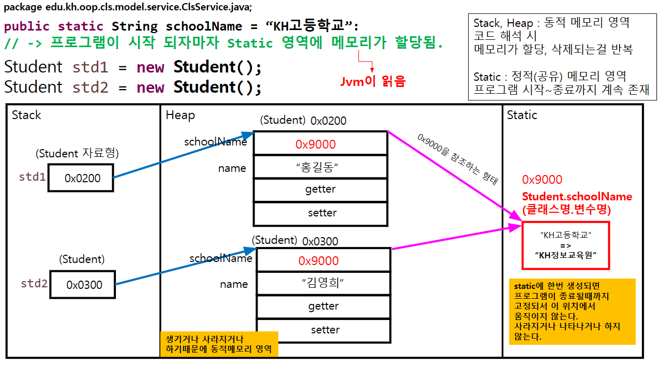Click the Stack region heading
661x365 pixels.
coord(26,115)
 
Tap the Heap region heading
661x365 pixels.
coord(180,115)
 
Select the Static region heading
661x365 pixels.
coord(522,115)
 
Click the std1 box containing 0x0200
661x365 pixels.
coord(81,178)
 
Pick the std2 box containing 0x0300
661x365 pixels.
coord(83,284)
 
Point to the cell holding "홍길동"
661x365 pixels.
coord(320,167)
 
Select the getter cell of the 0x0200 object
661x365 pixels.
coord(320,189)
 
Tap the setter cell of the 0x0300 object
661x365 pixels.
coord(324,330)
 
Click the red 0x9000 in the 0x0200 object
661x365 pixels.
coord(316,144)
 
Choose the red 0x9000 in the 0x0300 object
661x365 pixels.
coord(319,261)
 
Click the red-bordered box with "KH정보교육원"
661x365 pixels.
coord(565,245)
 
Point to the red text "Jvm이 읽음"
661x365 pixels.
coord(372,81)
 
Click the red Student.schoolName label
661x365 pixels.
coord(577,197)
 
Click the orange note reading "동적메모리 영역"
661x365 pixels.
coord(219,344)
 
